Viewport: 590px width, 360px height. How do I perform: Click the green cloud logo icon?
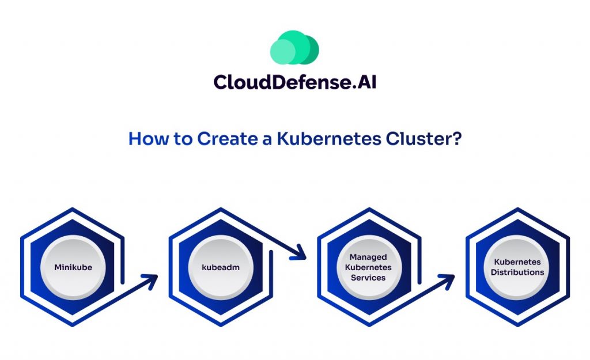(x=294, y=47)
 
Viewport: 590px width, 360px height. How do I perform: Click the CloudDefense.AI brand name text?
(x=294, y=82)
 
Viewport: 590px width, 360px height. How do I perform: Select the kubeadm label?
(x=221, y=267)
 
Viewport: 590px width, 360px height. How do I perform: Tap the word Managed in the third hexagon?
(x=368, y=257)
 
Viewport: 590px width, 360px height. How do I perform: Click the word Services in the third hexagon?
(x=368, y=278)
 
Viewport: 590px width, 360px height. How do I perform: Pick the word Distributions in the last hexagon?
(x=517, y=272)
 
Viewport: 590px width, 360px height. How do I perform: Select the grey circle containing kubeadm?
(x=221, y=267)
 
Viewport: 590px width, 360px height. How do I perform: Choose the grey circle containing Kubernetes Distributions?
(x=517, y=267)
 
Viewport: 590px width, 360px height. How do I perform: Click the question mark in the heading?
(x=456, y=139)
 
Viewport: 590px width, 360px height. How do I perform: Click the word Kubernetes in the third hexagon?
(x=368, y=267)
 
